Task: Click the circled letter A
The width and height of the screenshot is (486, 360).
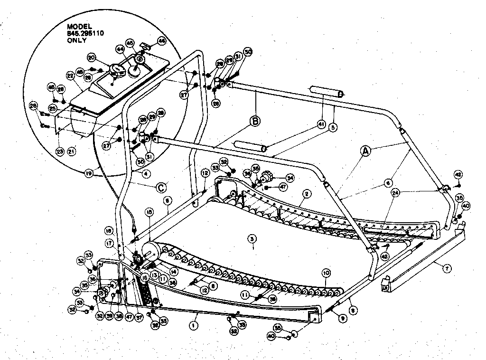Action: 365,151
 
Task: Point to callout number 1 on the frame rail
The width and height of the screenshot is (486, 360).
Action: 193,326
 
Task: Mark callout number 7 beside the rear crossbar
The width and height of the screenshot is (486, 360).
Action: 447,268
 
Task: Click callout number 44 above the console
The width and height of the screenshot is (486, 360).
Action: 120,49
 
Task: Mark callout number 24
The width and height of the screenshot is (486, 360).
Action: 395,193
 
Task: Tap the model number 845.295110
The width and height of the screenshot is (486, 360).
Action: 84,33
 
